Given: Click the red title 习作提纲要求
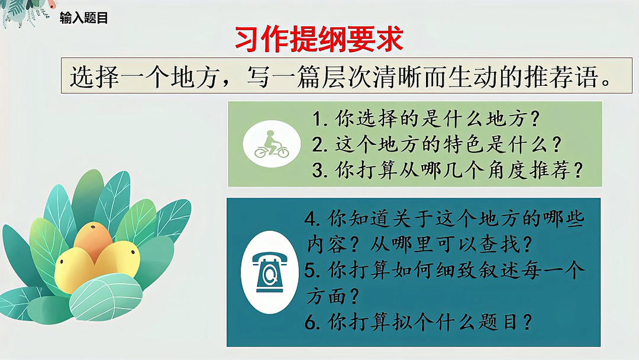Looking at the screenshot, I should pos(319,40).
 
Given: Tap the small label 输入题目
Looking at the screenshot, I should pos(83,18).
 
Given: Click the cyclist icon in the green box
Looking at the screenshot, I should pos(272,145).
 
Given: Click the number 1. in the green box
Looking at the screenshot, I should pos(322,120).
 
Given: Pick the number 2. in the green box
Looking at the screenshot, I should pos(322,144).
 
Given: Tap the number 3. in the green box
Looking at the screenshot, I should pos(322,170).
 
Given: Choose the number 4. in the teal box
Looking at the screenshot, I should pos(313,219).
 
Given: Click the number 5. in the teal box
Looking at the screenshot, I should pos(313,271).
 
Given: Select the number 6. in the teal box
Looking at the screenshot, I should pos(313,323).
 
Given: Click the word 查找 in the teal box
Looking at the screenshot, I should pos(492,243).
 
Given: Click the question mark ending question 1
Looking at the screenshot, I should pos(534,120).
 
